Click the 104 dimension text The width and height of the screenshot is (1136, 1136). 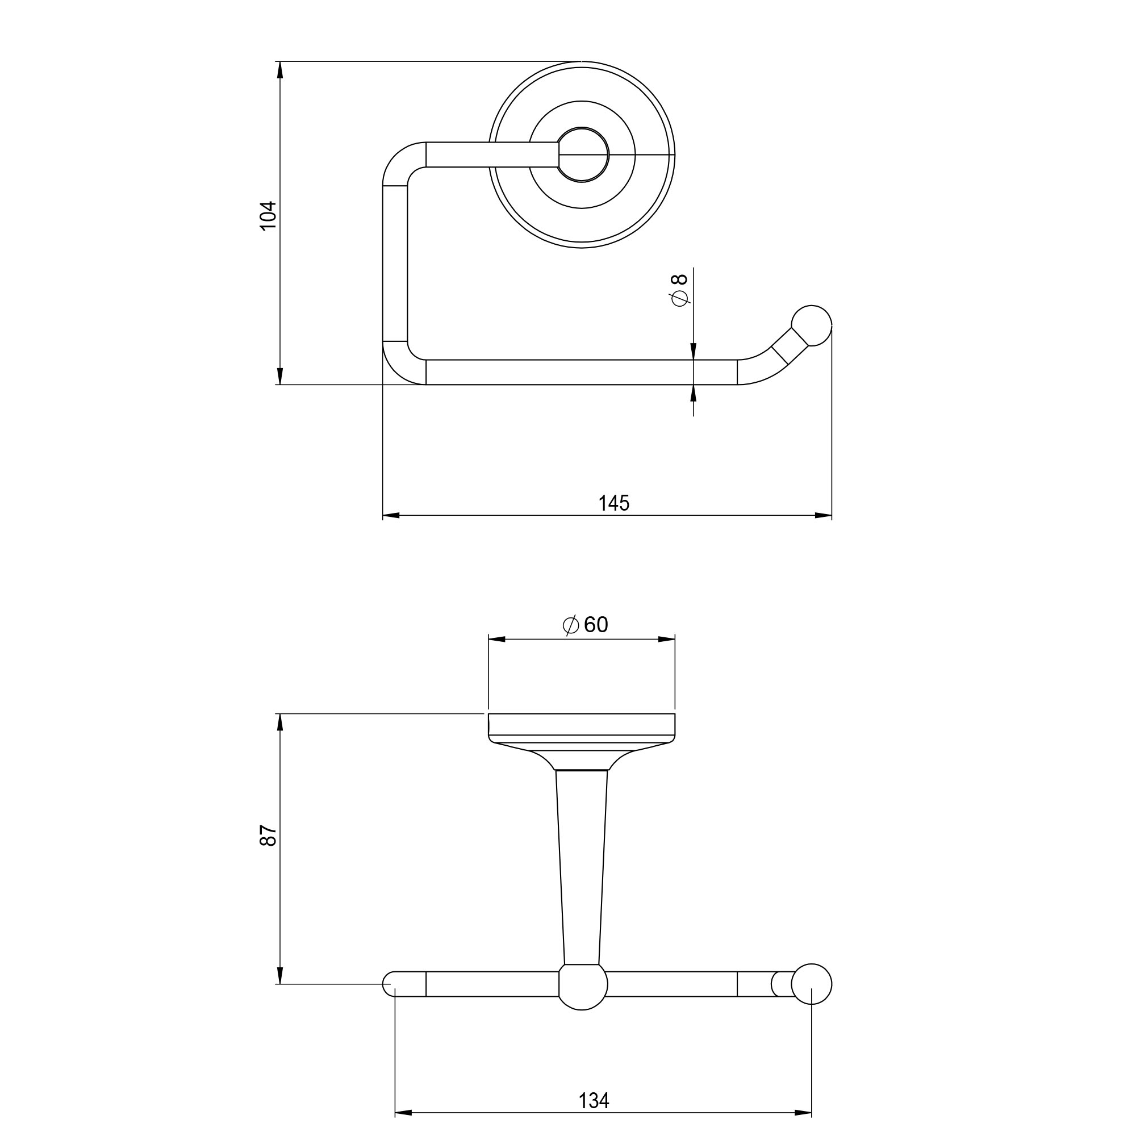pyautogui.click(x=269, y=216)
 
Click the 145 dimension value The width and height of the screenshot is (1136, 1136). pyautogui.click(x=614, y=503)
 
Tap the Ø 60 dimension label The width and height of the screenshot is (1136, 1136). pyautogui.click(x=585, y=624)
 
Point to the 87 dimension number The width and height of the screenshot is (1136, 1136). pyautogui.click(x=269, y=835)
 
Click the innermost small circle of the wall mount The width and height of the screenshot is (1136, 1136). pyautogui.click(x=583, y=154)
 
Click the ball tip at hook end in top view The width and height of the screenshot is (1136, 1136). pyautogui.click(x=811, y=325)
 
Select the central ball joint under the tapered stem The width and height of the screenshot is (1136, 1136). pyautogui.click(x=582, y=987)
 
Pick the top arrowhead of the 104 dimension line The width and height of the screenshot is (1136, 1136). pyautogui.click(x=281, y=69)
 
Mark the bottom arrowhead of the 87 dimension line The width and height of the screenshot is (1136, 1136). pyautogui.click(x=281, y=976)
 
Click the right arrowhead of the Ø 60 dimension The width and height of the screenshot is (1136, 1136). pyautogui.click(x=667, y=639)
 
